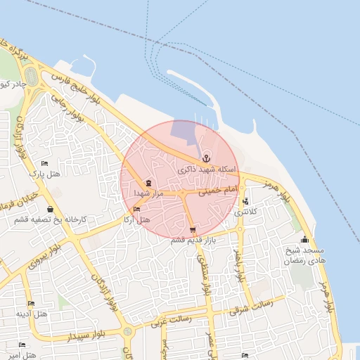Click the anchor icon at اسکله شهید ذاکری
point(206,157)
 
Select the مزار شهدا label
point(148,193)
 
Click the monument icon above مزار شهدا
point(148,183)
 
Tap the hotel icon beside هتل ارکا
point(136,210)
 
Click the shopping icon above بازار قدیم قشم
point(193,230)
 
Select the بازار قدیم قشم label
point(193,240)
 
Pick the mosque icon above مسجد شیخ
point(304,240)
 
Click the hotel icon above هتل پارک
point(45,164)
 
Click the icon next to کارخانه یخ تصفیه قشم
point(49,209)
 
